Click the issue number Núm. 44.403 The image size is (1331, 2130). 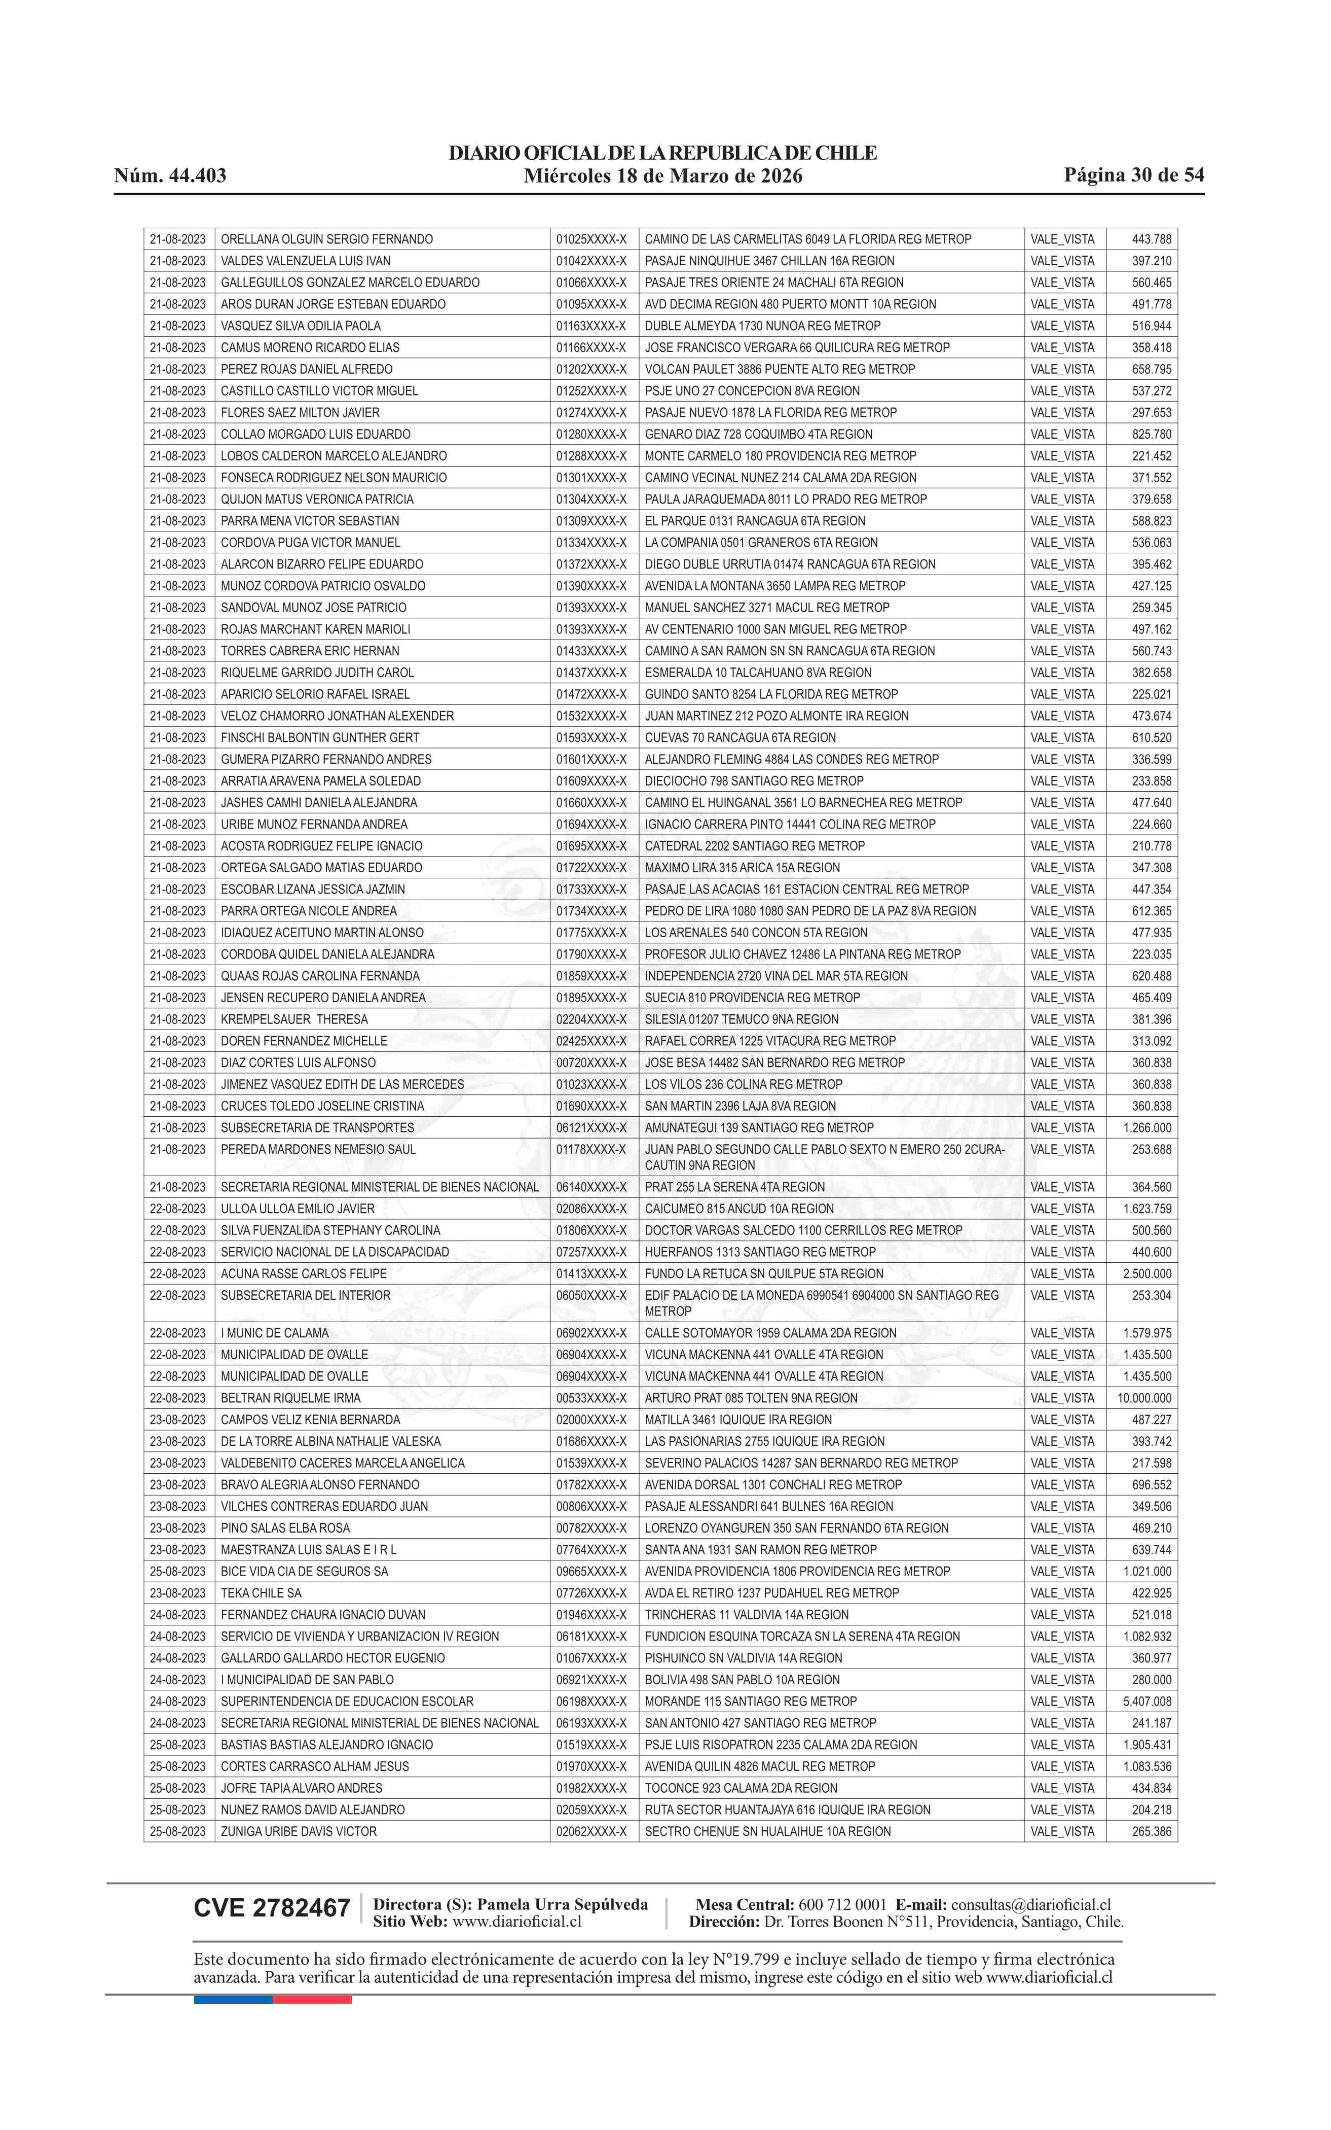170,175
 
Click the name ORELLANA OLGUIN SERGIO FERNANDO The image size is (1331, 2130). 326,239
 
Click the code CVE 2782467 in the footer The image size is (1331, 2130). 272,1908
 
